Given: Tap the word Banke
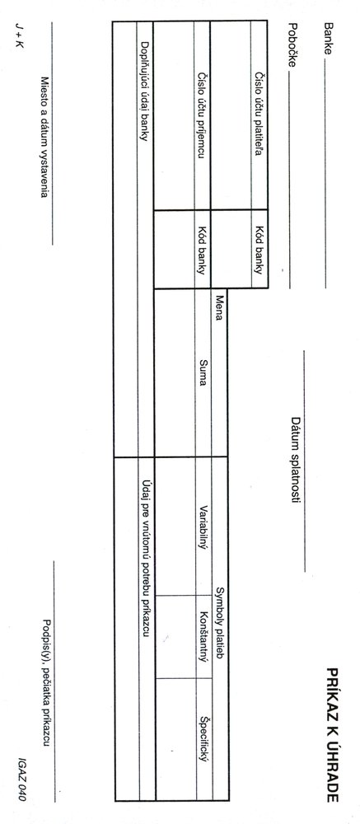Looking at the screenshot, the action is tap(329, 39).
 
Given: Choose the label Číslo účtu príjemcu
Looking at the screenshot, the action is tap(202, 115).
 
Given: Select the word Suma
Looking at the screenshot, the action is tap(202, 372).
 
